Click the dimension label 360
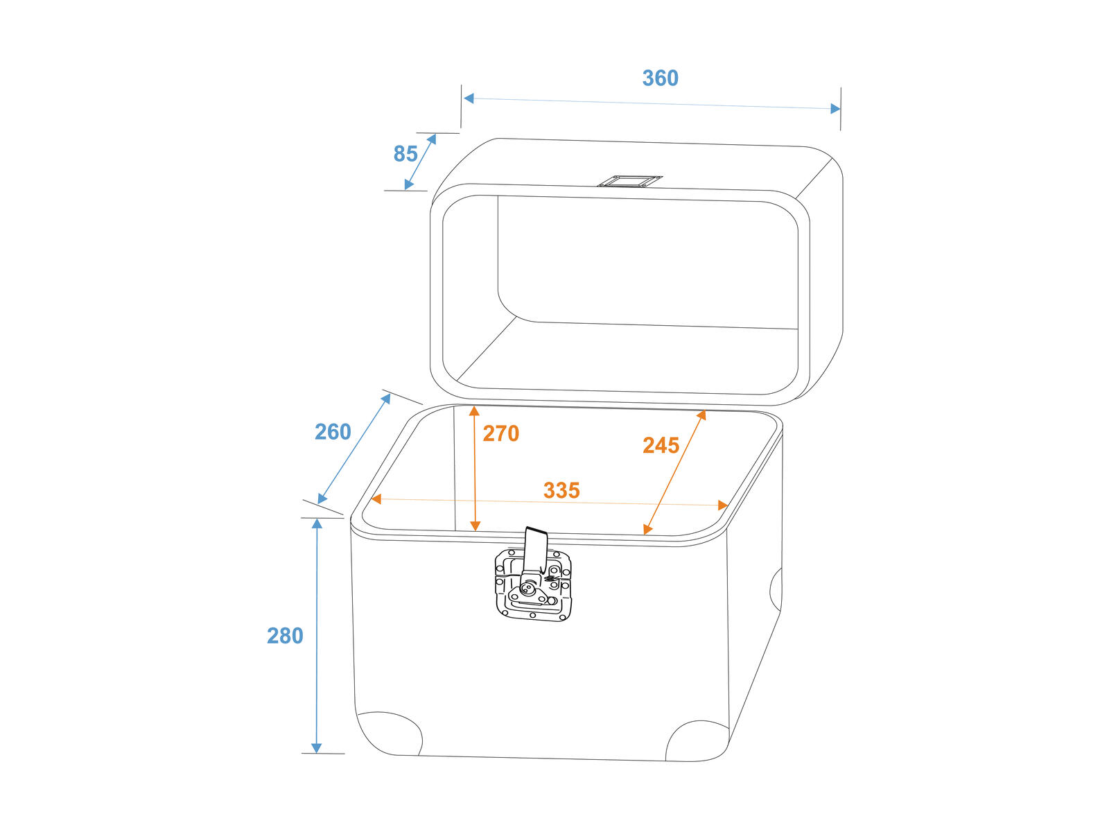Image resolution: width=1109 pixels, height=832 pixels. tap(660, 78)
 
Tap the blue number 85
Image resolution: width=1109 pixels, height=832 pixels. tap(405, 154)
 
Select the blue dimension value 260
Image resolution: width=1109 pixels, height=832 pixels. tap(333, 432)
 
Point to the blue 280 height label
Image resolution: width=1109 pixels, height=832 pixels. tap(285, 636)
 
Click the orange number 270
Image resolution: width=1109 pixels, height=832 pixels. tap(500, 433)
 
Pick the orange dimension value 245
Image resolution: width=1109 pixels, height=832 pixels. tap(661, 446)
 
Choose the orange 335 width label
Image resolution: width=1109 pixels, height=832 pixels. tap(561, 490)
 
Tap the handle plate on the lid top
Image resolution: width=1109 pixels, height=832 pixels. tap(629, 182)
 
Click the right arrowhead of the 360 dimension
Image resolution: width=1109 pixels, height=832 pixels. tap(836, 109)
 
